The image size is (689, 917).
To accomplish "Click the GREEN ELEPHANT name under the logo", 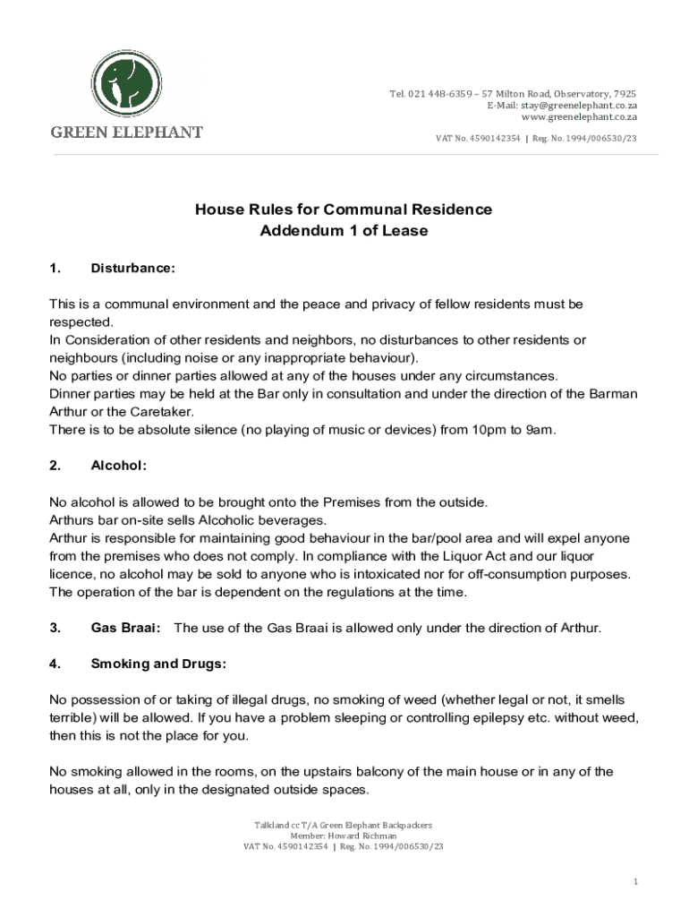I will (126, 133).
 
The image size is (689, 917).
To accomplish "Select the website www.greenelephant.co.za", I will (579, 117).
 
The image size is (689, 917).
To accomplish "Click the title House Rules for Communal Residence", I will (344, 210).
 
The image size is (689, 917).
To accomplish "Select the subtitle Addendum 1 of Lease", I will (344, 231).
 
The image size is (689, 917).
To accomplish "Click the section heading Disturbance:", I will (133, 268).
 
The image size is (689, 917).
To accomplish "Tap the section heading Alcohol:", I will (119, 466).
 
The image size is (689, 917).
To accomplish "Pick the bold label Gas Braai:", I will (126, 628).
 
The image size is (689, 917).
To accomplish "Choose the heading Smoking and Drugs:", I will (158, 664).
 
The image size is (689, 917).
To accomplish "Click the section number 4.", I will (55, 664).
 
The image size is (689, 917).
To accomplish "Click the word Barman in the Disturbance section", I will (614, 394).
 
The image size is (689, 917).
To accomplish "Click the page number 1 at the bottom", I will (635, 882).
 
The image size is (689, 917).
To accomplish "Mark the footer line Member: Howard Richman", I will (344, 836).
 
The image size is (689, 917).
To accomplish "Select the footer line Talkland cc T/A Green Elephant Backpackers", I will (344, 825).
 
